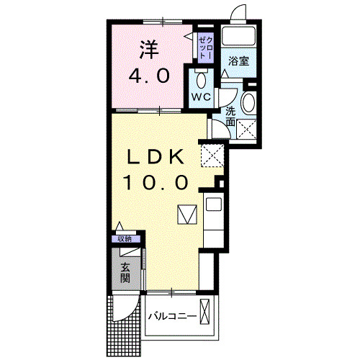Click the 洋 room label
pyautogui.click(x=148, y=49)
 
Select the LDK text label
pyautogui.click(x=156, y=156)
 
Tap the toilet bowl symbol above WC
pyautogui.click(x=200, y=78)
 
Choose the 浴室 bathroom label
pyautogui.click(x=238, y=61)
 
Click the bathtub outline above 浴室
pyautogui.click(x=238, y=36)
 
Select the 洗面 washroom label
pyautogui.click(x=230, y=117)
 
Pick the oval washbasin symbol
pyautogui.click(x=248, y=103)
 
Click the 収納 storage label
pyautogui.click(x=125, y=238)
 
